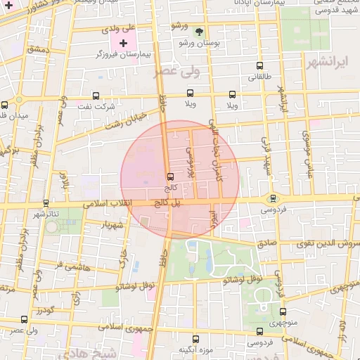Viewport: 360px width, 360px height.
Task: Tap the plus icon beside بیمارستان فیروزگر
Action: [x=124, y=43]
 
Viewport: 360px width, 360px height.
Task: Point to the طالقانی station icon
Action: [x=259, y=66]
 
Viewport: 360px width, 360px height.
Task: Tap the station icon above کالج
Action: [x=169, y=176]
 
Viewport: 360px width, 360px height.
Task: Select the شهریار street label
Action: [x=112, y=225]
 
